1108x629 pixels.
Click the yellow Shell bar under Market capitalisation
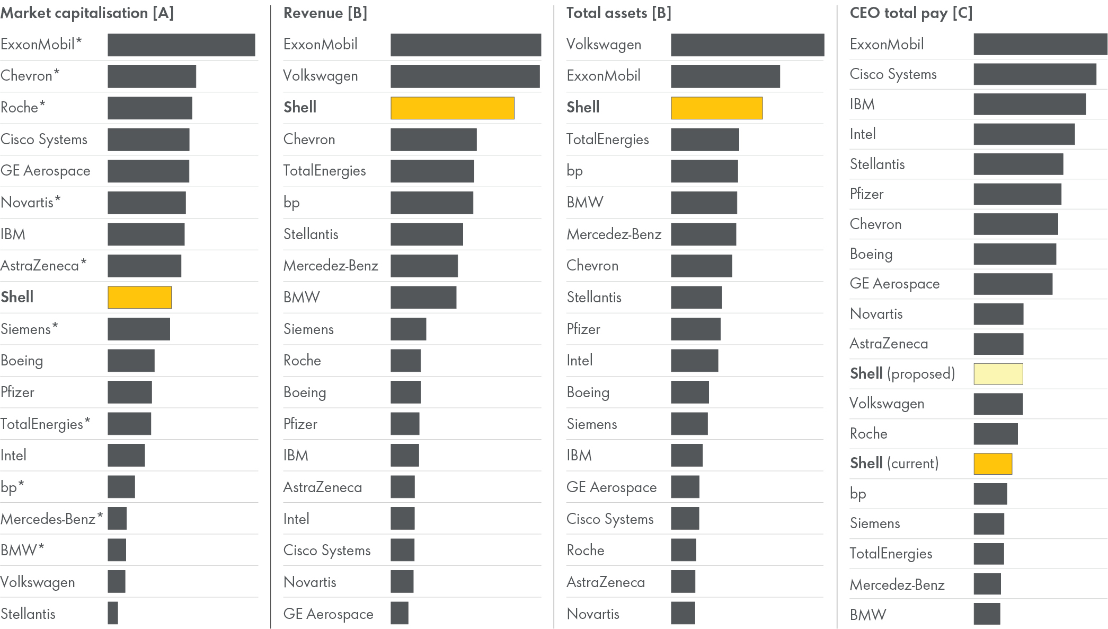tap(139, 298)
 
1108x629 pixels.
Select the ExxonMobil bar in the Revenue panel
tap(465, 45)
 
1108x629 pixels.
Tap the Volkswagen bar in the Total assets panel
tap(747, 45)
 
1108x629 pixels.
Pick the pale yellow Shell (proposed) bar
tap(998, 374)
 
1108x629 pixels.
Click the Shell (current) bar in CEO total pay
tap(992, 464)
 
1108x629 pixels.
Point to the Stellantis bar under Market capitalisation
tap(113, 613)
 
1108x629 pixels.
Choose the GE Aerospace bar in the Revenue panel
tap(400, 613)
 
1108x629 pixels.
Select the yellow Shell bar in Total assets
tap(716, 108)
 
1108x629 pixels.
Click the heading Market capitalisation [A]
tap(87, 13)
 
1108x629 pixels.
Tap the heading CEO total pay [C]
tap(911, 13)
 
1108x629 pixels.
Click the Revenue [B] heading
tap(325, 13)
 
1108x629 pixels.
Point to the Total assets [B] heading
tap(618, 13)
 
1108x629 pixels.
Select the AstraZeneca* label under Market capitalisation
tap(43, 265)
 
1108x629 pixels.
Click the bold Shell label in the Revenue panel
tap(300, 107)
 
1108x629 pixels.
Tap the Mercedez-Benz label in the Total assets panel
tap(614, 234)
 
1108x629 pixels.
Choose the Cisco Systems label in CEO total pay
tap(893, 74)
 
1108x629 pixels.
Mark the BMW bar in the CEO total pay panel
tap(987, 614)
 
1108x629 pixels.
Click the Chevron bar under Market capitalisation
tap(152, 76)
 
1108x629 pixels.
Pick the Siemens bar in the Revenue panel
tap(408, 329)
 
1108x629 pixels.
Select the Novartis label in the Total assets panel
tap(593, 614)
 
